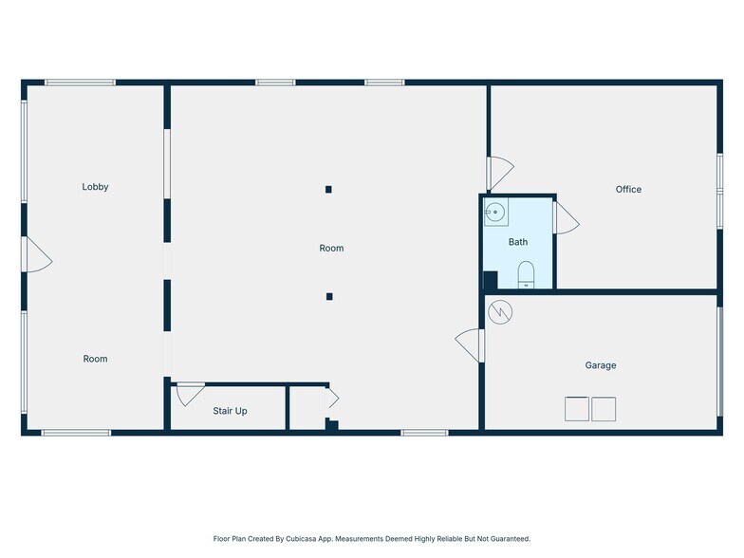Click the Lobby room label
pyautogui.click(x=95, y=187)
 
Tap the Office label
pyautogui.click(x=628, y=190)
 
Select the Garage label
pyautogui.click(x=600, y=365)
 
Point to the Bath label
pyautogui.click(x=518, y=242)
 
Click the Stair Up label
pyautogui.click(x=230, y=411)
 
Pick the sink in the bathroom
pyautogui.click(x=495, y=212)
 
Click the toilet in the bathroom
pyautogui.click(x=526, y=274)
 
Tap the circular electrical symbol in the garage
pyautogui.click(x=500, y=312)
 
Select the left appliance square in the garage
pyautogui.click(x=577, y=409)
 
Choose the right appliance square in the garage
pyautogui.click(x=604, y=409)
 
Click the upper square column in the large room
pyautogui.click(x=328, y=190)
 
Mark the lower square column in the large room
pyautogui.click(x=329, y=296)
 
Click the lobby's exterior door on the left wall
pyautogui.click(x=36, y=254)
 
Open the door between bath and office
pyautogui.click(x=566, y=218)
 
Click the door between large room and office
pyautogui.click(x=500, y=174)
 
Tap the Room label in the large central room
pyautogui.click(x=331, y=249)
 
